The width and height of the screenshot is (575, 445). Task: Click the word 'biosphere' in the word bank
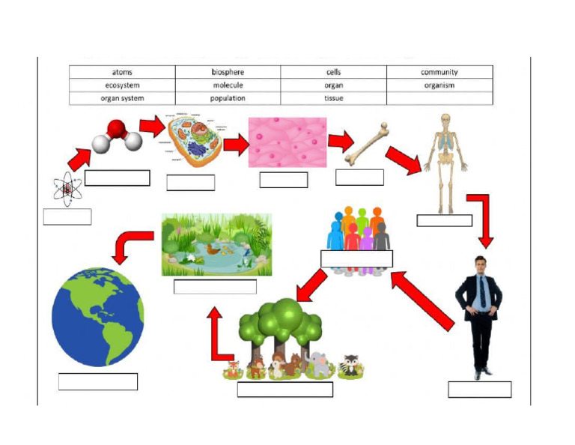tap(228, 73)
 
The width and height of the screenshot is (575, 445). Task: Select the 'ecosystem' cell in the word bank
tap(123, 85)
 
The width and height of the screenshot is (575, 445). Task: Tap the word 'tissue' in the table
tap(334, 98)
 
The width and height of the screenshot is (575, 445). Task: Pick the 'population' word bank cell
tap(228, 98)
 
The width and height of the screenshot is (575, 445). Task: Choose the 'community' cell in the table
tap(439, 73)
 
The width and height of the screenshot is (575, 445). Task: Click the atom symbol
tap(67, 189)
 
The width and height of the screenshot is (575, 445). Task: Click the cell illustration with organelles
tap(193, 142)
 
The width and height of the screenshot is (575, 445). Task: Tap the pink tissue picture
tap(287, 142)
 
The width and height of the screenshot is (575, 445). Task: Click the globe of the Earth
tap(97, 317)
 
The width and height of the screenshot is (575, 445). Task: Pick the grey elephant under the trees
tap(319, 364)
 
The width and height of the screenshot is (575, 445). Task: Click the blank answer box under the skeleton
tap(444, 220)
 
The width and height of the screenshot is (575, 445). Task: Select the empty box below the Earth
tap(98, 381)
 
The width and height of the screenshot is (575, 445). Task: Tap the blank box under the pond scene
tap(215, 287)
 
